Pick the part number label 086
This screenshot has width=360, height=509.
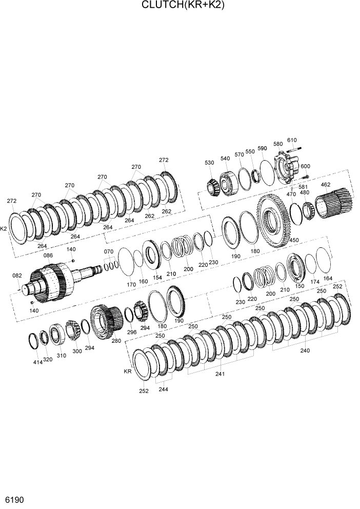(x=48, y=255)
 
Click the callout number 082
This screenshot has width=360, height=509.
(x=16, y=276)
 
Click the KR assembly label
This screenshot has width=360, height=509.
(x=127, y=370)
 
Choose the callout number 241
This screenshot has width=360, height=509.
(x=220, y=374)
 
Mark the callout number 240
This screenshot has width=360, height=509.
(x=305, y=351)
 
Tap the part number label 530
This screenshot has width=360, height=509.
(x=209, y=163)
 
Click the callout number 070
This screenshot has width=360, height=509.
(x=108, y=251)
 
